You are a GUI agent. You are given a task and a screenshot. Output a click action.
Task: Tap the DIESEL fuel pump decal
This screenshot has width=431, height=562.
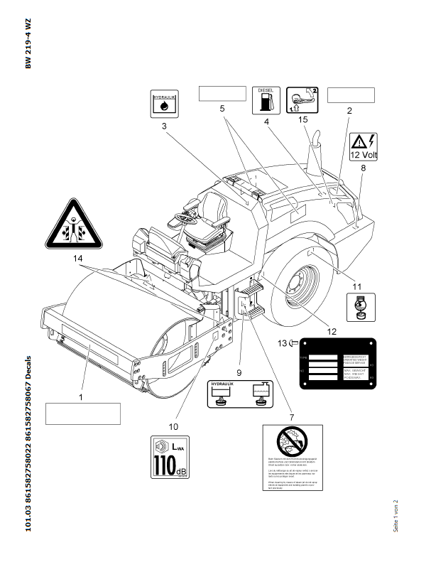pyautogui.click(x=266, y=102)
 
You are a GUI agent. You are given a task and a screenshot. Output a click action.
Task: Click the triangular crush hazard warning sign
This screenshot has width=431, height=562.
pyautogui.click(x=72, y=221)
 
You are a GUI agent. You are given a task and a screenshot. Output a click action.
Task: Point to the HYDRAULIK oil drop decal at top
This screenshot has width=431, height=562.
pyautogui.click(x=165, y=103)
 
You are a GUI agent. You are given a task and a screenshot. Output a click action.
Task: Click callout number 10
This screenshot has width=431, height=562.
pyautogui.click(x=172, y=426)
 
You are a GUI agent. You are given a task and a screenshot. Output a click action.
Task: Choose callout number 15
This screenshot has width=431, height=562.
pyautogui.click(x=302, y=120)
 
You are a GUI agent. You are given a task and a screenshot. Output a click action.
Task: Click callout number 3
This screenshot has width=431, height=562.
pyautogui.click(x=164, y=126)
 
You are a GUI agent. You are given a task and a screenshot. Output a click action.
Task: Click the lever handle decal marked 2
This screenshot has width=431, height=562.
pyautogui.click(x=302, y=100)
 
